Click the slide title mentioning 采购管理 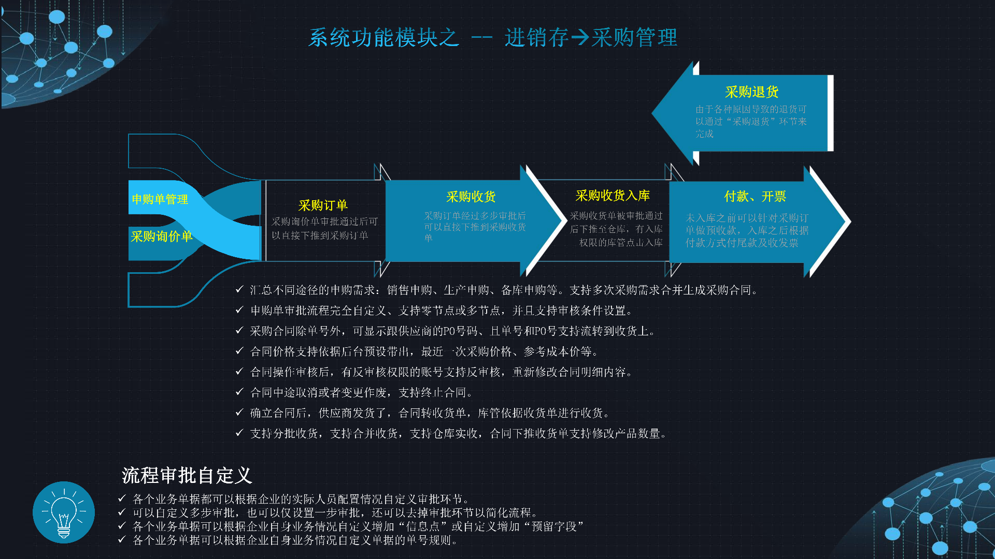click(492, 37)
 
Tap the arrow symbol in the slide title click(580, 37)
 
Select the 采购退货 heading click(751, 92)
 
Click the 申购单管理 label click(160, 199)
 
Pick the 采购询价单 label click(161, 237)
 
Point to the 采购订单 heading click(323, 205)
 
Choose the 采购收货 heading click(471, 197)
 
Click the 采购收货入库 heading click(612, 196)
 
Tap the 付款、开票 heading click(755, 197)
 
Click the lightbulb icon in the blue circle click(64, 512)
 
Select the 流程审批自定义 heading click(187, 475)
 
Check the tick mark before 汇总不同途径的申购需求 click(239, 289)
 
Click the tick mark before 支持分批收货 click(239, 433)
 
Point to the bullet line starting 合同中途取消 click(361, 393)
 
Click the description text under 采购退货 click(750, 122)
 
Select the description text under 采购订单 click(324, 228)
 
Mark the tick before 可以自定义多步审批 click(122, 512)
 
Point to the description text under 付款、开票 click(746, 230)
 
